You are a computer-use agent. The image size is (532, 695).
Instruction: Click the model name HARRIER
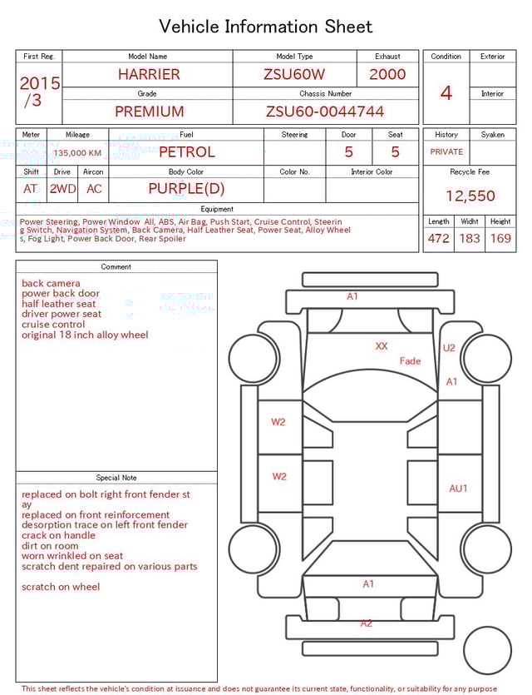point(148,74)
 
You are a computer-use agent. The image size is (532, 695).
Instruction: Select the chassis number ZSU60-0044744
point(325,112)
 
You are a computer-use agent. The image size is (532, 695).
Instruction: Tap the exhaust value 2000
point(387,74)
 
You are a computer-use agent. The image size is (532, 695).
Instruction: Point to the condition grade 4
point(446,93)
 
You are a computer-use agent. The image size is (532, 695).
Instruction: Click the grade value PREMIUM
point(149,112)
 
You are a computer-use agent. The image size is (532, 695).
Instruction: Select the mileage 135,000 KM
point(77,153)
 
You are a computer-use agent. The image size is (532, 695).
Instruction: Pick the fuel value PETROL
point(186,152)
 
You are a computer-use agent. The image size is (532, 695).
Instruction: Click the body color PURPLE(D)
point(186,189)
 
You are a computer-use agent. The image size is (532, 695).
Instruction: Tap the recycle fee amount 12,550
point(470,196)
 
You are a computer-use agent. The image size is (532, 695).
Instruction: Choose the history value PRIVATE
point(446,152)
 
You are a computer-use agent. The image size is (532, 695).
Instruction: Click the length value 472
point(438,238)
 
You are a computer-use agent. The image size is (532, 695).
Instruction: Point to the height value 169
point(500,238)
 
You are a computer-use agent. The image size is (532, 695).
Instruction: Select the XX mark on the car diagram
point(381,346)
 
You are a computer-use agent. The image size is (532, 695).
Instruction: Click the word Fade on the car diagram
point(410,361)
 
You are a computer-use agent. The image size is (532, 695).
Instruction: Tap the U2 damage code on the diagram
point(449,348)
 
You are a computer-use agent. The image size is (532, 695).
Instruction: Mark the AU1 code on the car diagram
point(458,489)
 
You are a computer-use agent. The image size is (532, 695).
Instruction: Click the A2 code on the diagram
point(367,623)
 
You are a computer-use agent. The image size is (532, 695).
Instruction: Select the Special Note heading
point(116,478)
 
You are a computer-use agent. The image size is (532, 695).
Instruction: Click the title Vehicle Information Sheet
point(266,27)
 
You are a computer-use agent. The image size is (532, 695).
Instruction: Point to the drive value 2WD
point(62,189)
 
